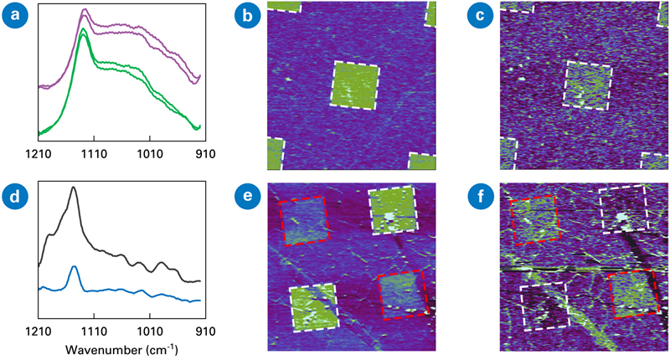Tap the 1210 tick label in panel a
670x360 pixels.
[x=39, y=153]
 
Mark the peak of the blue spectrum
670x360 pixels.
[x=75, y=267]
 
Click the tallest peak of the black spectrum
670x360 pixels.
[x=74, y=188]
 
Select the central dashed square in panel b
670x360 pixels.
[x=356, y=85]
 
